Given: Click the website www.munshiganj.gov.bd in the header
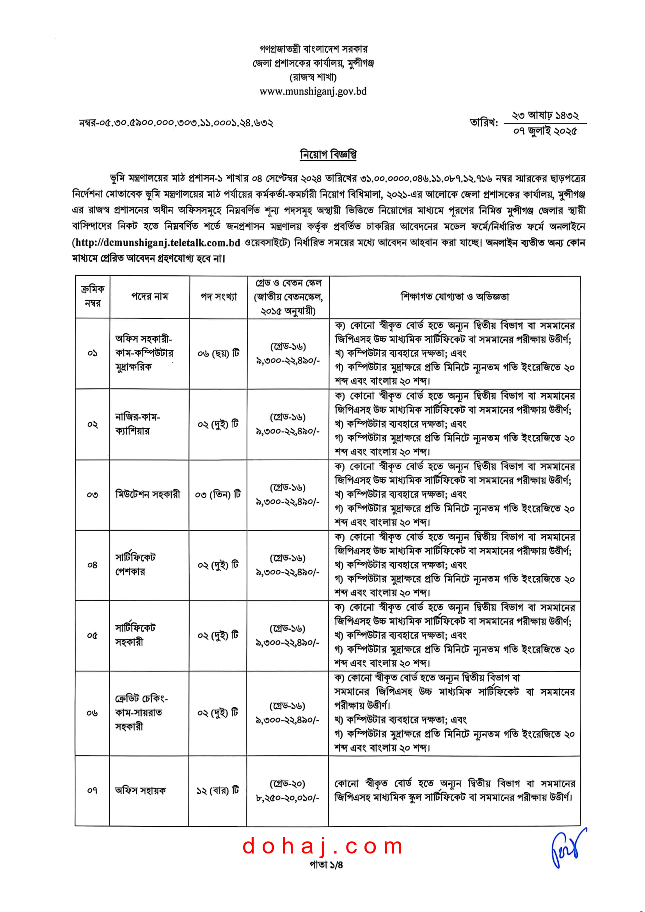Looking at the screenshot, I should pos(313,91).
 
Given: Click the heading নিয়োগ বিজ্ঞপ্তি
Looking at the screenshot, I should pos(328,154).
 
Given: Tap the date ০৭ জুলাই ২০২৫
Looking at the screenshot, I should pos(544,131).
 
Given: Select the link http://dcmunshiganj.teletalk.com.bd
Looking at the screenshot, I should pos(156,242).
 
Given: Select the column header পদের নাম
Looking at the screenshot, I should pos(149,297).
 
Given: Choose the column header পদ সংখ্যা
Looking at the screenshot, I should pos(219,297).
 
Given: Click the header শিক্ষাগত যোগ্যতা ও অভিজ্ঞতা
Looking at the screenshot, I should pos(455,297).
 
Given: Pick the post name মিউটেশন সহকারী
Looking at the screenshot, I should pos(147,494).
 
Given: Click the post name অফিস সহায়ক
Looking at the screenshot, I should pos(140,790).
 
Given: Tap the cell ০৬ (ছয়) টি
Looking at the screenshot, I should pos(219,353).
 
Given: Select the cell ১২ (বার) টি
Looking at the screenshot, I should pos(218,790).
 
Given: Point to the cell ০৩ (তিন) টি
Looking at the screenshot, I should pos(218,494).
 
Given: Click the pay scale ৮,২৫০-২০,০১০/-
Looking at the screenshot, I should pos(287,798).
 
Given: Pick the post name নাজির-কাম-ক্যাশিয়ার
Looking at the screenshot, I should pos(137,424).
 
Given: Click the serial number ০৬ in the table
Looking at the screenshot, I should pos(92,713).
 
